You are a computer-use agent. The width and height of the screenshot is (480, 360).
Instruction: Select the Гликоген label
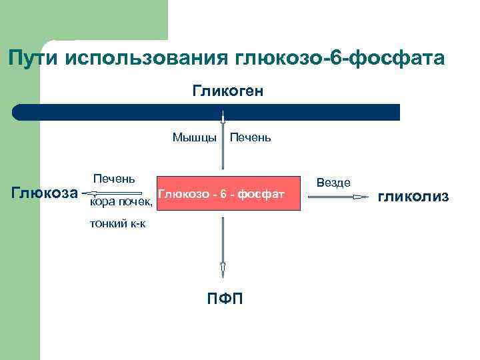click(228, 90)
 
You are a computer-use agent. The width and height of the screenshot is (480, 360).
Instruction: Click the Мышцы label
click(194, 137)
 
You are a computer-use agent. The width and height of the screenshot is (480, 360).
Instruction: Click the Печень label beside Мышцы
click(250, 137)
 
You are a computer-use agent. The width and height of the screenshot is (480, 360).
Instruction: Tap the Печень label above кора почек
click(114, 178)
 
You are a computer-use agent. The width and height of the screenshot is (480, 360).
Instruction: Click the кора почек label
click(121, 201)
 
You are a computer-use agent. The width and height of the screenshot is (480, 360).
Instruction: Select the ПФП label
click(225, 297)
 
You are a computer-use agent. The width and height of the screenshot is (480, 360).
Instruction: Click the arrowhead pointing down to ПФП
click(223, 270)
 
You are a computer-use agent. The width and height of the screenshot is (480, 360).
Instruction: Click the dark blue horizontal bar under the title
click(207, 111)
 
